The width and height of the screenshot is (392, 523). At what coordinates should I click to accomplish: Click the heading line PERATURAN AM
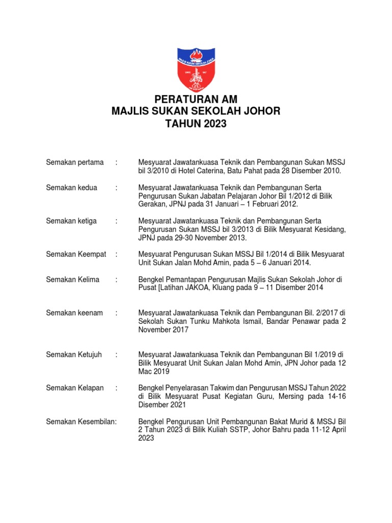pyautogui.click(x=196, y=100)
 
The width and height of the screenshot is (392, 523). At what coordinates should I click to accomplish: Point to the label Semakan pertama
pyautogui.click(x=75, y=162)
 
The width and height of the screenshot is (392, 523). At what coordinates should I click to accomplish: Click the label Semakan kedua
pyautogui.click(x=71, y=187)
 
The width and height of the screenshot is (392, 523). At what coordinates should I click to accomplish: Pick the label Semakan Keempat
pyautogui.click(x=76, y=254)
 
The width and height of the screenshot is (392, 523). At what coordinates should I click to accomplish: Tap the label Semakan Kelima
pyautogui.click(x=72, y=279)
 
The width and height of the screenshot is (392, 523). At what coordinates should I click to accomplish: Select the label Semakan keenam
pyautogui.click(x=73, y=313)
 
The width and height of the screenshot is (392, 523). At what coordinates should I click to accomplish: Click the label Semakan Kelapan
pyautogui.click(x=75, y=388)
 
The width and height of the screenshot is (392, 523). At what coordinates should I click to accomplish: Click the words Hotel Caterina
pyautogui.click(x=199, y=171)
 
